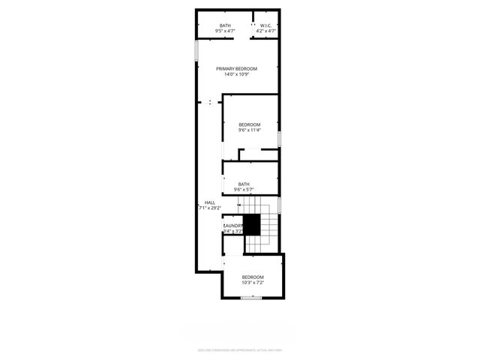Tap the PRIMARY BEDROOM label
coord(236,69)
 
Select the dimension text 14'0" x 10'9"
coord(236,74)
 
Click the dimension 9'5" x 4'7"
coord(225,31)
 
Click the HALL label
coord(210,202)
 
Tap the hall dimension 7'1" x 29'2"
coord(210,208)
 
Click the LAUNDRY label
coord(233,226)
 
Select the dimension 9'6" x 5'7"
coord(244,190)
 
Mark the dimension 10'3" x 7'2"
coord(253,283)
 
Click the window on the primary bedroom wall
coord(197,51)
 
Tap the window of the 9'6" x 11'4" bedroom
coord(279,139)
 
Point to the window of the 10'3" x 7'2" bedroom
coord(252,298)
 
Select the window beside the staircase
coord(279,204)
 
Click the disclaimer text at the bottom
coord(239,349)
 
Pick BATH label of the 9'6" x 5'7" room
coord(244,184)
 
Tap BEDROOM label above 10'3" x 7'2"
coord(253,277)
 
